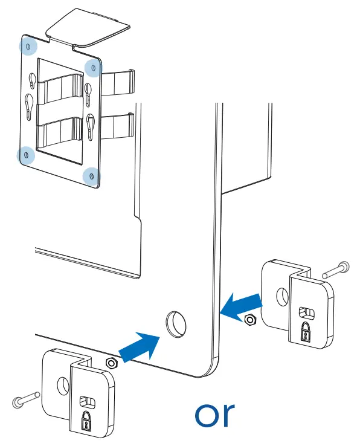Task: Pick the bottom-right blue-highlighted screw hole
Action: pos(91,176)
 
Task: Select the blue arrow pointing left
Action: pos(242,305)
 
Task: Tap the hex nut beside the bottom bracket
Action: pos(110,363)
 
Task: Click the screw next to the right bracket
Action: pos(333,269)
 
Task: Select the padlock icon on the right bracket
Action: pos(306,331)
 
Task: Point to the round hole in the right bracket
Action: pos(281,296)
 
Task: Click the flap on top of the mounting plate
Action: pos(88,27)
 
